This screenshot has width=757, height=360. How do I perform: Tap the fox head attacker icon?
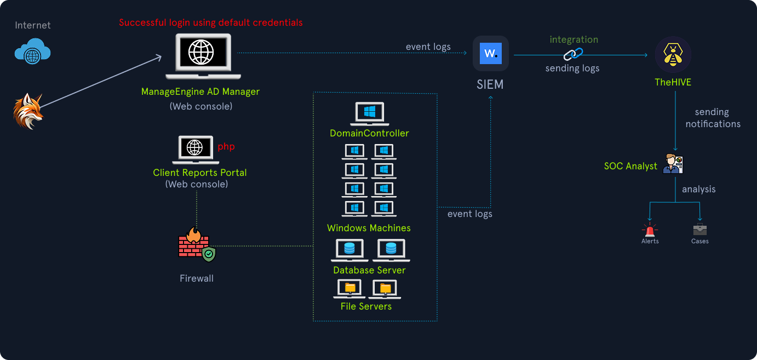[x=27, y=111]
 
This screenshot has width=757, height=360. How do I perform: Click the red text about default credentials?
[x=210, y=22]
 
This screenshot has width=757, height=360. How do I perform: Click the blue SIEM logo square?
[x=491, y=54]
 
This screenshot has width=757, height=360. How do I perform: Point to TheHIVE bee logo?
[x=673, y=55]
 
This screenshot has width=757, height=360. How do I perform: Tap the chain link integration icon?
[x=574, y=54]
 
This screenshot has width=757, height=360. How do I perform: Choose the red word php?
[x=226, y=147]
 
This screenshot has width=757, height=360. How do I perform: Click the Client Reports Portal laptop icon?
[x=196, y=150]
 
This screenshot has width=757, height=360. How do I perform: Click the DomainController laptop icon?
[x=369, y=113]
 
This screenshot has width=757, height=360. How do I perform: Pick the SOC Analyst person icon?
[x=673, y=164]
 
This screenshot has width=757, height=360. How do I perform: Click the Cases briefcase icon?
[x=699, y=229]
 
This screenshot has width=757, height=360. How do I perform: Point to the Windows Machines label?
[x=369, y=228]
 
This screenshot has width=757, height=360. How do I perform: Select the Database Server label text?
[x=369, y=270]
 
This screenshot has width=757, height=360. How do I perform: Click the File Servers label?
[x=366, y=306]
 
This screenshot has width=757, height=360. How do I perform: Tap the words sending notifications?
[x=713, y=118]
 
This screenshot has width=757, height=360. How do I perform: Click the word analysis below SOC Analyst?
[x=698, y=189]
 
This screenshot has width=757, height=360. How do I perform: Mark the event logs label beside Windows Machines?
[x=469, y=214]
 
